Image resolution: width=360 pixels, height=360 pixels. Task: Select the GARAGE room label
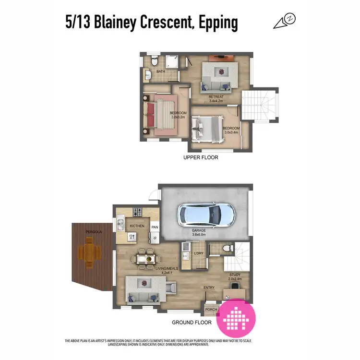tap(199, 230)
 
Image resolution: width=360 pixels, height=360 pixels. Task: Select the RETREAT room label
tap(217, 96)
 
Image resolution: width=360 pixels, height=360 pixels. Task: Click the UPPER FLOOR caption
tap(201, 157)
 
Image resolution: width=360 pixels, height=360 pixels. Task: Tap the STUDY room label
tap(234, 275)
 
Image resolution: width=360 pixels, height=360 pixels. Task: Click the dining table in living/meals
tap(146, 259)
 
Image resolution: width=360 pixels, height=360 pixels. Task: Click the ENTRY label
tap(209, 288)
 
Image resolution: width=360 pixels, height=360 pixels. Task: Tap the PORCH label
tap(211, 310)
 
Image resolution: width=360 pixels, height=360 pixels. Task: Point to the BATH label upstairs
tap(160, 72)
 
